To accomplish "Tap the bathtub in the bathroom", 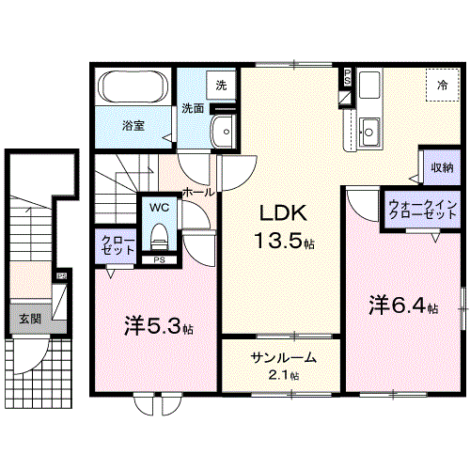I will pyautogui.click(x=133, y=90).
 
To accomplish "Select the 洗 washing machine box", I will pyautogui.click(x=221, y=86).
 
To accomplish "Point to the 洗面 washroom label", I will pyautogui.click(x=193, y=108).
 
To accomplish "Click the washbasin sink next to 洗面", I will pyautogui.click(x=223, y=131).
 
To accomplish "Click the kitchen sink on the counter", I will pyautogui.click(x=369, y=132).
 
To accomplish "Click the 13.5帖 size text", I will pyautogui.click(x=281, y=242).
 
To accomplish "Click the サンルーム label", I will pyautogui.click(x=283, y=358).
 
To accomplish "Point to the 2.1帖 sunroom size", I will pyautogui.click(x=282, y=375).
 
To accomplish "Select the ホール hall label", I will pyautogui.click(x=197, y=192).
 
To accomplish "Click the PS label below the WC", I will pyautogui.click(x=159, y=259).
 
